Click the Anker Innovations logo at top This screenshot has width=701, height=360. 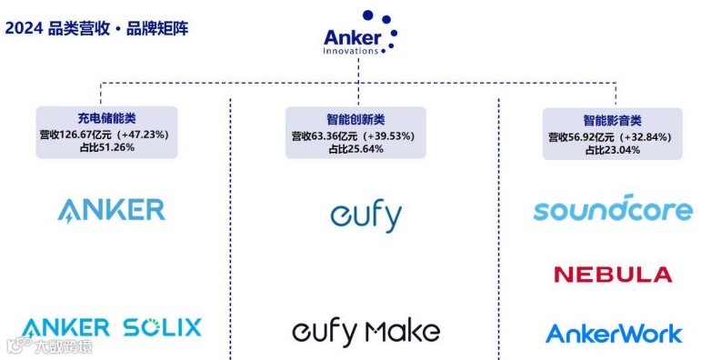[360, 34]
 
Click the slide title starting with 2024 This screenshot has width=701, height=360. [97, 27]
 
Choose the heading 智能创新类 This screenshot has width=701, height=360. [356, 119]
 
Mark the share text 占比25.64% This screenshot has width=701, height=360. [356, 148]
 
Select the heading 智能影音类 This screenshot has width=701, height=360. [612, 120]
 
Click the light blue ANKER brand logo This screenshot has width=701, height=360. [111, 210]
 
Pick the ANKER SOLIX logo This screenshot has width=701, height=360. [111, 327]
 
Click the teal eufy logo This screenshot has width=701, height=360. [366, 216]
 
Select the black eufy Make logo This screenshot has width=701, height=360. [366, 333]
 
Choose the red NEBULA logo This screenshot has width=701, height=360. [613, 275]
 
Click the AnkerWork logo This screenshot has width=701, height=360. [613, 334]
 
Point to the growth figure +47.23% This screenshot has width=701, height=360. [142, 133]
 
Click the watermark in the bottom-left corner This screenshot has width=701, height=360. [49, 346]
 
